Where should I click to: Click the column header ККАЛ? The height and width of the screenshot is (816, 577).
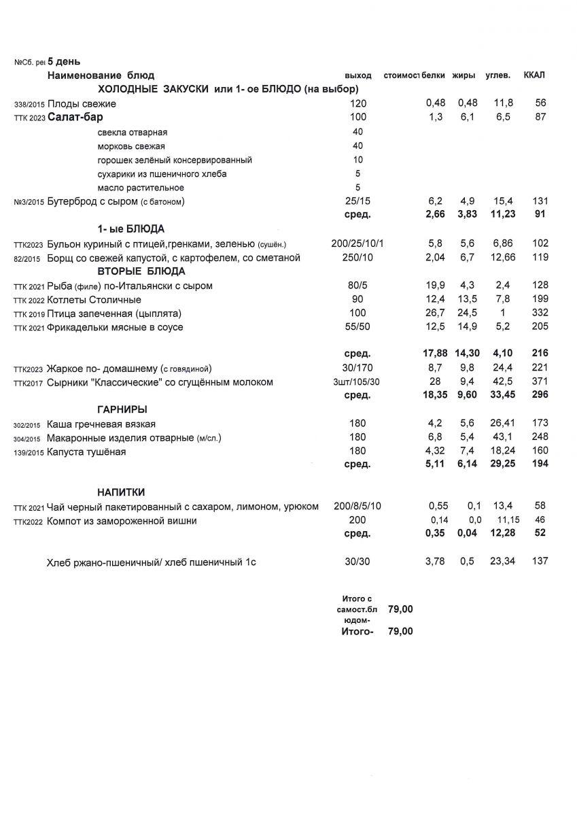coord(534,75)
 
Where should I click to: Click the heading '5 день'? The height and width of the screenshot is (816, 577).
coord(64,61)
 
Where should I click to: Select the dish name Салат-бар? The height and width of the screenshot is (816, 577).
coord(75,117)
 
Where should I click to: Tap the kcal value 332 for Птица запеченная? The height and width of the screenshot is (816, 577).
coord(540,313)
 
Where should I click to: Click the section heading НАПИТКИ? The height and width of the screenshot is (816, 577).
coord(120,492)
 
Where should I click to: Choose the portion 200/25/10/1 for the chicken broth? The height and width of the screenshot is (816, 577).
coord(357,243)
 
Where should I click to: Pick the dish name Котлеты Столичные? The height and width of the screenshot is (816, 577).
coord(94,300)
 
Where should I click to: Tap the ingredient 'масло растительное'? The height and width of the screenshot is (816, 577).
coord(141,188)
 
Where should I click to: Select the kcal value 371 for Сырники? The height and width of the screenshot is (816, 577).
coord(540,382)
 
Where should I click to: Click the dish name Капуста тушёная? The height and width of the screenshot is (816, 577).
coord(86,452)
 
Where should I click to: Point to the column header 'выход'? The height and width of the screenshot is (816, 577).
coord(358,75)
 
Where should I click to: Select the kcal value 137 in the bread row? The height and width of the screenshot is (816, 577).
coord(540,561)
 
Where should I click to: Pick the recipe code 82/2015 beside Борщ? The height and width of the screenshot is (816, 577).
coord(27,258)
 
